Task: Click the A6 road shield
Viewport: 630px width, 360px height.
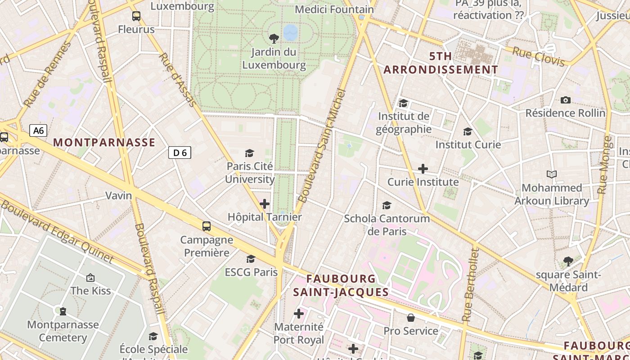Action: click(38, 130)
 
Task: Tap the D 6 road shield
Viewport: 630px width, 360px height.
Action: click(180, 153)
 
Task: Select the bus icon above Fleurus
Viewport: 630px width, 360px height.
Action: click(136, 16)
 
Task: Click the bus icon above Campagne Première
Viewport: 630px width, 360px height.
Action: click(206, 226)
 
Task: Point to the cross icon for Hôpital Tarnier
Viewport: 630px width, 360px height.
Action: click(265, 204)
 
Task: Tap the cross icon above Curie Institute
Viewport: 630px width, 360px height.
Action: click(423, 169)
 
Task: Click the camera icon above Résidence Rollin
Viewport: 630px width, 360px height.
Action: click(566, 100)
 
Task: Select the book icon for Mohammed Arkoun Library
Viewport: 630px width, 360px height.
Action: click(551, 174)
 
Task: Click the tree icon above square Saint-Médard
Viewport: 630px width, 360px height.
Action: click(568, 261)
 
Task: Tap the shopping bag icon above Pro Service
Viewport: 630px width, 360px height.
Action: click(410, 318)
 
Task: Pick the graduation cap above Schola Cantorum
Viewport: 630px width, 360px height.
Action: click(387, 206)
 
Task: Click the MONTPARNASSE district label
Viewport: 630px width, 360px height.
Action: click(104, 143)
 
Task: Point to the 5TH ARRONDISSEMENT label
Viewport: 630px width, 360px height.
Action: click(441, 63)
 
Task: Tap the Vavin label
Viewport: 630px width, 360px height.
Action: click(119, 195)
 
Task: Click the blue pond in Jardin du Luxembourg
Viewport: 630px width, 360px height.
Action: click(290, 31)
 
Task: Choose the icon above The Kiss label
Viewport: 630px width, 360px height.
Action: click(90, 278)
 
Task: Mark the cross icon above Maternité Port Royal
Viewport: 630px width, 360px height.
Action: click(299, 314)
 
